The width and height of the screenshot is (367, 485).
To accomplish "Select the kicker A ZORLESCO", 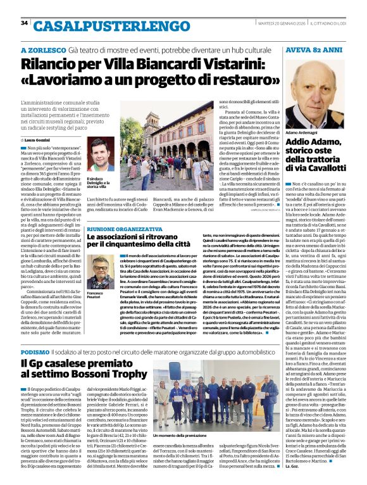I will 42,49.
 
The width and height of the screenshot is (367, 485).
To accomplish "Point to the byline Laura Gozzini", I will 42,139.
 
